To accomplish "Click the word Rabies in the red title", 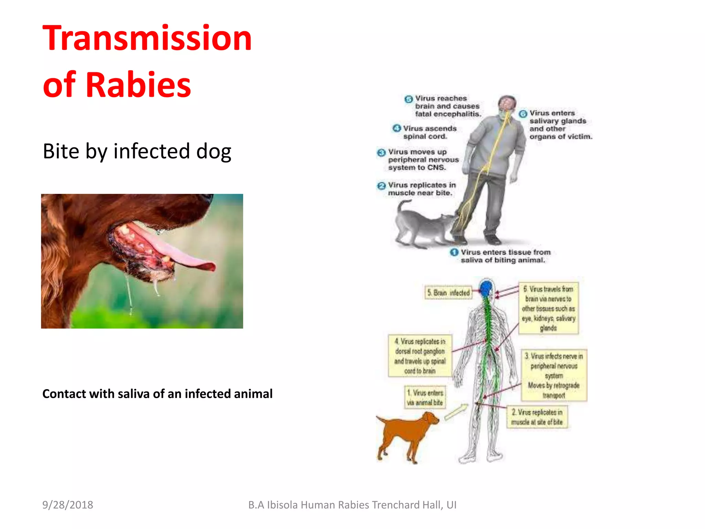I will (138, 85).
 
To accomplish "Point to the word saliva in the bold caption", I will (134, 394).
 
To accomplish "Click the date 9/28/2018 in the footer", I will (67, 505).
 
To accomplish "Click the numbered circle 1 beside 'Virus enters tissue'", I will (454, 252).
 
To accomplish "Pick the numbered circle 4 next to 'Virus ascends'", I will (397, 128).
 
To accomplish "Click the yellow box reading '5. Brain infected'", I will (448, 293).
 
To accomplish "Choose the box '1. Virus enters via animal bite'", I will (425, 398).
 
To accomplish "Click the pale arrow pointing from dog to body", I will (456, 412).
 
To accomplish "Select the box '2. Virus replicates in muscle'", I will (537, 417).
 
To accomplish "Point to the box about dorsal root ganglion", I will (420, 356).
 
